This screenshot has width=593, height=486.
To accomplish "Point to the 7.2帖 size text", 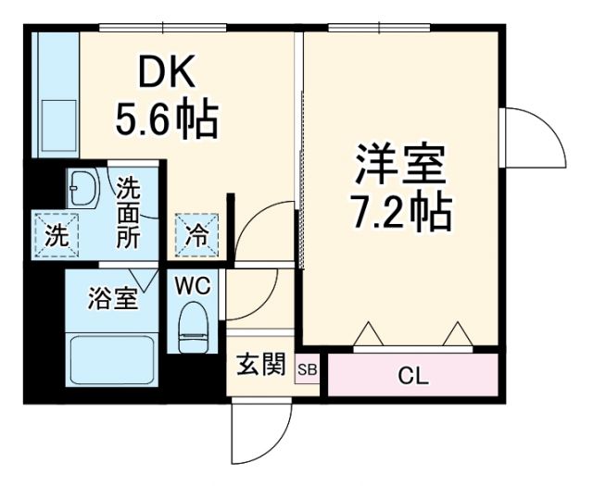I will tap(400, 214).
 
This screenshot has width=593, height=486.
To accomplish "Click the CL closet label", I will tap(413, 376).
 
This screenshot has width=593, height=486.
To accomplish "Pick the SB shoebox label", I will tap(308, 370).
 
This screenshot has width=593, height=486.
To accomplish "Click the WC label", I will tap(193, 286).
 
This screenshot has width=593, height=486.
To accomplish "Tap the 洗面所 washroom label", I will tap(129, 211).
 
